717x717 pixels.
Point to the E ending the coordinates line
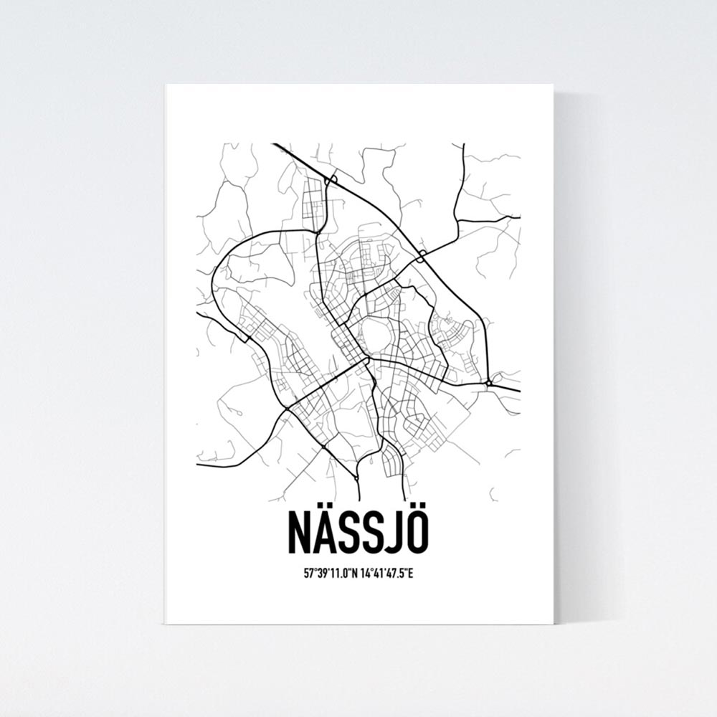pos(411,574)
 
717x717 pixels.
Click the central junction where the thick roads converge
pos(366,358)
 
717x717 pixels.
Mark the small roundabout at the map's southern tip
pos(356,477)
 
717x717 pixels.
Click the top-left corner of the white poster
pos(166,85)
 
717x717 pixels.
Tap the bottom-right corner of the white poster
pos(553,623)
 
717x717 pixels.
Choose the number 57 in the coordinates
pos(308,574)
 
